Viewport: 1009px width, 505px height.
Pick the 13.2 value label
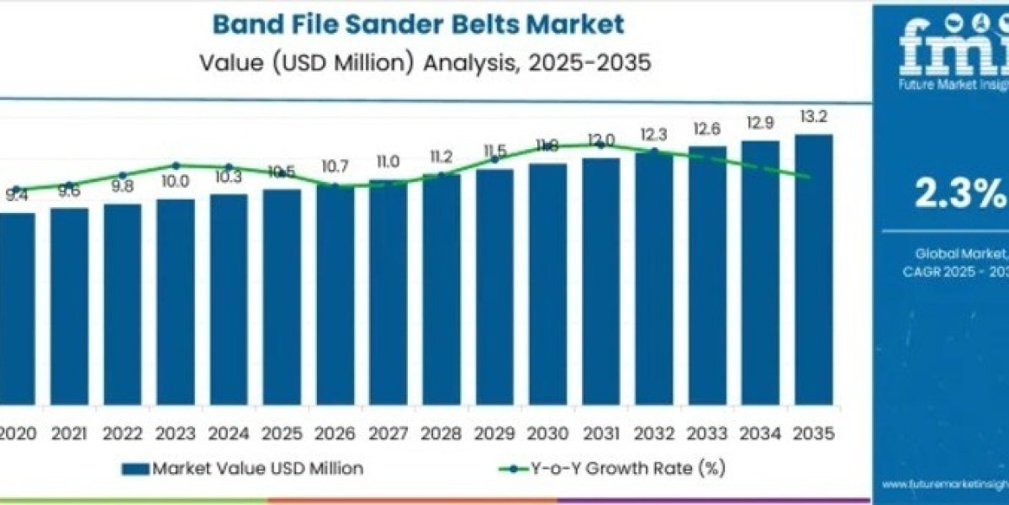click(x=814, y=117)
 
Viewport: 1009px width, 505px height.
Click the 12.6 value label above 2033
click(x=707, y=129)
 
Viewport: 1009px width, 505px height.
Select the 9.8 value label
click(x=122, y=186)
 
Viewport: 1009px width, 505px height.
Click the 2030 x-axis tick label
click(x=547, y=434)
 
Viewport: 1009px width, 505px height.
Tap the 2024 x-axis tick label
click(x=229, y=434)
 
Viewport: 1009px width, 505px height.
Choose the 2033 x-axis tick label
click(x=707, y=434)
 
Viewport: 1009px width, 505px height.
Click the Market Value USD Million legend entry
click(x=244, y=469)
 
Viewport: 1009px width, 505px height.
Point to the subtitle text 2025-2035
click(x=580, y=62)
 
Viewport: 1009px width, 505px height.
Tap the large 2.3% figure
click(x=959, y=194)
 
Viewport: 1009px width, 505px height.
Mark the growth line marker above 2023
click(x=176, y=166)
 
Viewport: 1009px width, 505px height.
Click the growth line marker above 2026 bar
click(x=335, y=186)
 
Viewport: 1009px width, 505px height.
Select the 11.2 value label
click(x=441, y=157)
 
